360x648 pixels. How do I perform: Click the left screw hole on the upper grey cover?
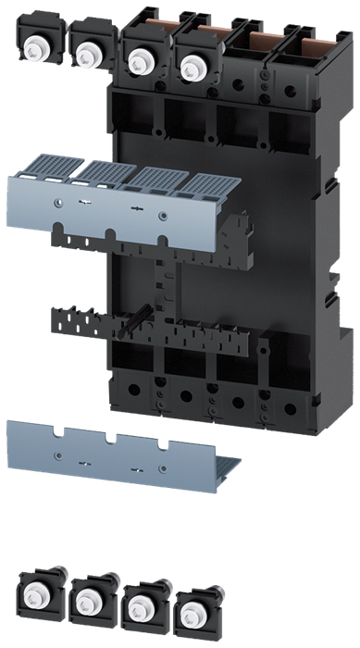point(57,198)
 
